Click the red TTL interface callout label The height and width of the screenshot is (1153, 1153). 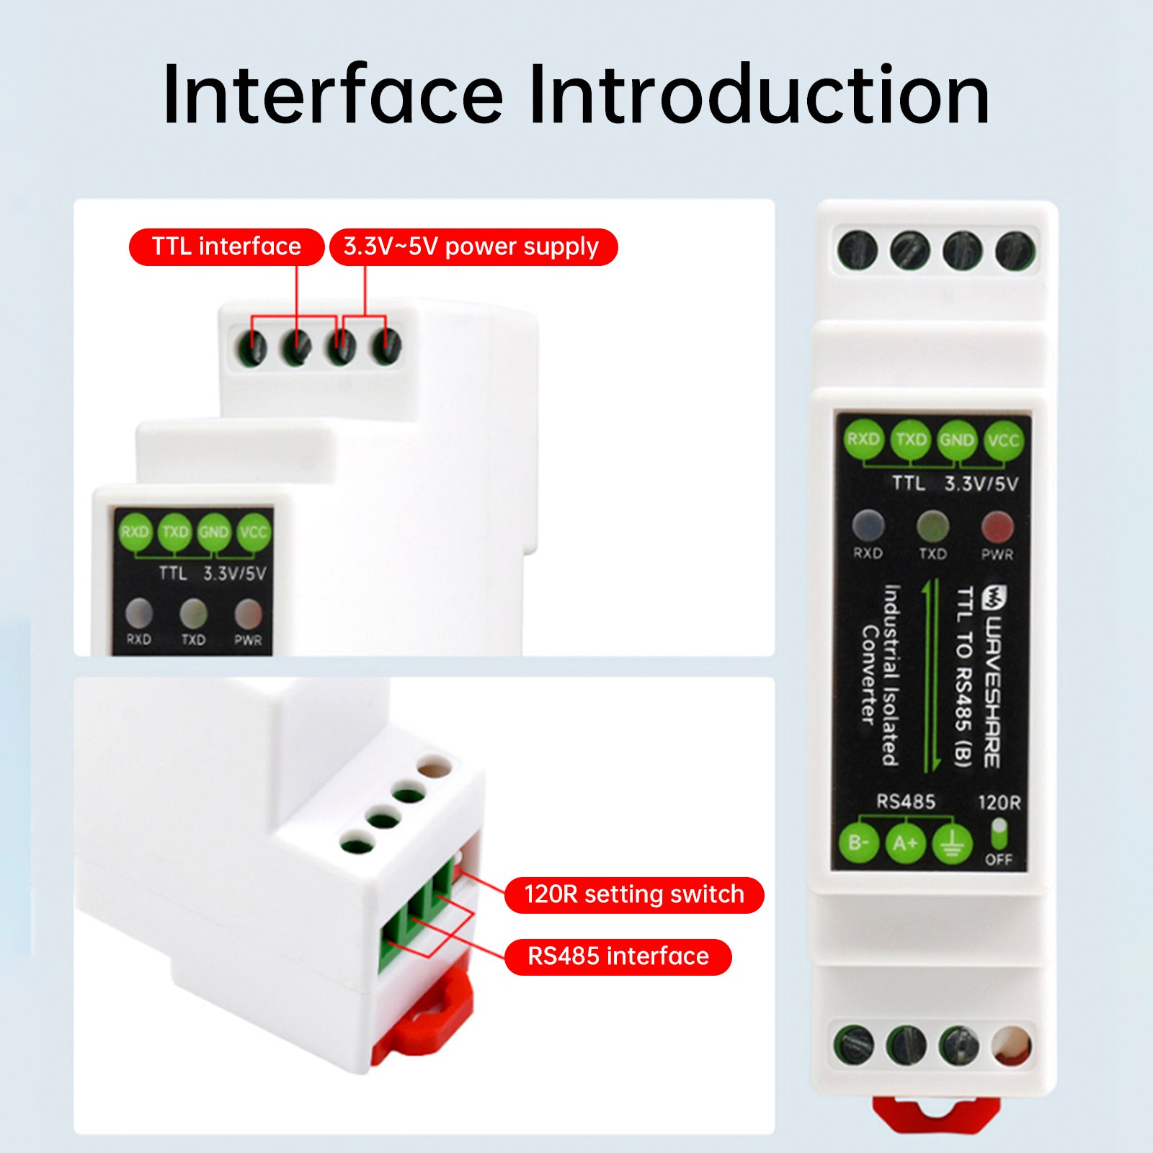pyautogui.click(x=226, y=247)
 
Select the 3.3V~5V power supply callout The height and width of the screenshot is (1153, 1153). pyautogui.click(x=473, y=247)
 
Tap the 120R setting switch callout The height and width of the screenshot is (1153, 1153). pyautogui.click(x=633, y=895)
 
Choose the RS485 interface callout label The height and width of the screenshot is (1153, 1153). pyautogui.click(x=618, y=957)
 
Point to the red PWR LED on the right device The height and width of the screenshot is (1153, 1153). pyautogui.click(x=997, y=527)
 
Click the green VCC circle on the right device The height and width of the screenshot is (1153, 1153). pyautogui.click(x=1003, y=440)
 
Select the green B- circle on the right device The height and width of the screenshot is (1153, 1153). pyautogui.click(x=859, y=842)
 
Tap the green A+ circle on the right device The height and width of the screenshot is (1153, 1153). pyautogui.click(x=905, y=842)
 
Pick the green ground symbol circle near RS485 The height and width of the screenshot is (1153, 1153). pyautogui.click(x=952, y=843)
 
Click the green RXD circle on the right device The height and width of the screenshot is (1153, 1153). pyautogui.click(x=863, y=439)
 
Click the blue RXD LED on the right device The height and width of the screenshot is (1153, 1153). pyautogui.click(x=868, y=525)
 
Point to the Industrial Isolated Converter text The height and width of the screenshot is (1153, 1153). pyautogui.click(x=881, y=674)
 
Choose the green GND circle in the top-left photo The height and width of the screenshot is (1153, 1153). pyautogui.click(x=214, y=533)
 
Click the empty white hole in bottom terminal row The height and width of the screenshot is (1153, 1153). pyautogui.click(x=1012, y=1045)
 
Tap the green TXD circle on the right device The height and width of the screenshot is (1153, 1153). pyautogui.click(x=911, y=439)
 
